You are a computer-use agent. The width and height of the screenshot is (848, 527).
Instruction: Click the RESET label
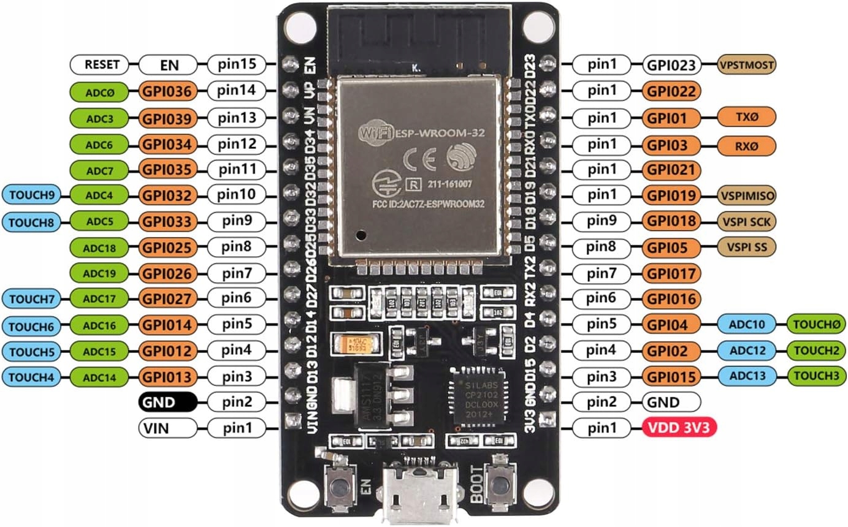click(99, 64)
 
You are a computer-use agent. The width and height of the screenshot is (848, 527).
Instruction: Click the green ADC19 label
click(99, 273)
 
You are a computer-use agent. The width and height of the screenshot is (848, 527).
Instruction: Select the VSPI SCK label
click(746, 221)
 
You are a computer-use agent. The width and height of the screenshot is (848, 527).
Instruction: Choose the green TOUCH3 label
click(816, 375)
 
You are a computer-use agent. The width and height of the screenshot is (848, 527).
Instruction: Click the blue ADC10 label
click(746, 323)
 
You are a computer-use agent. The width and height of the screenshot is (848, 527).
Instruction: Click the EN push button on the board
click(337, 486)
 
